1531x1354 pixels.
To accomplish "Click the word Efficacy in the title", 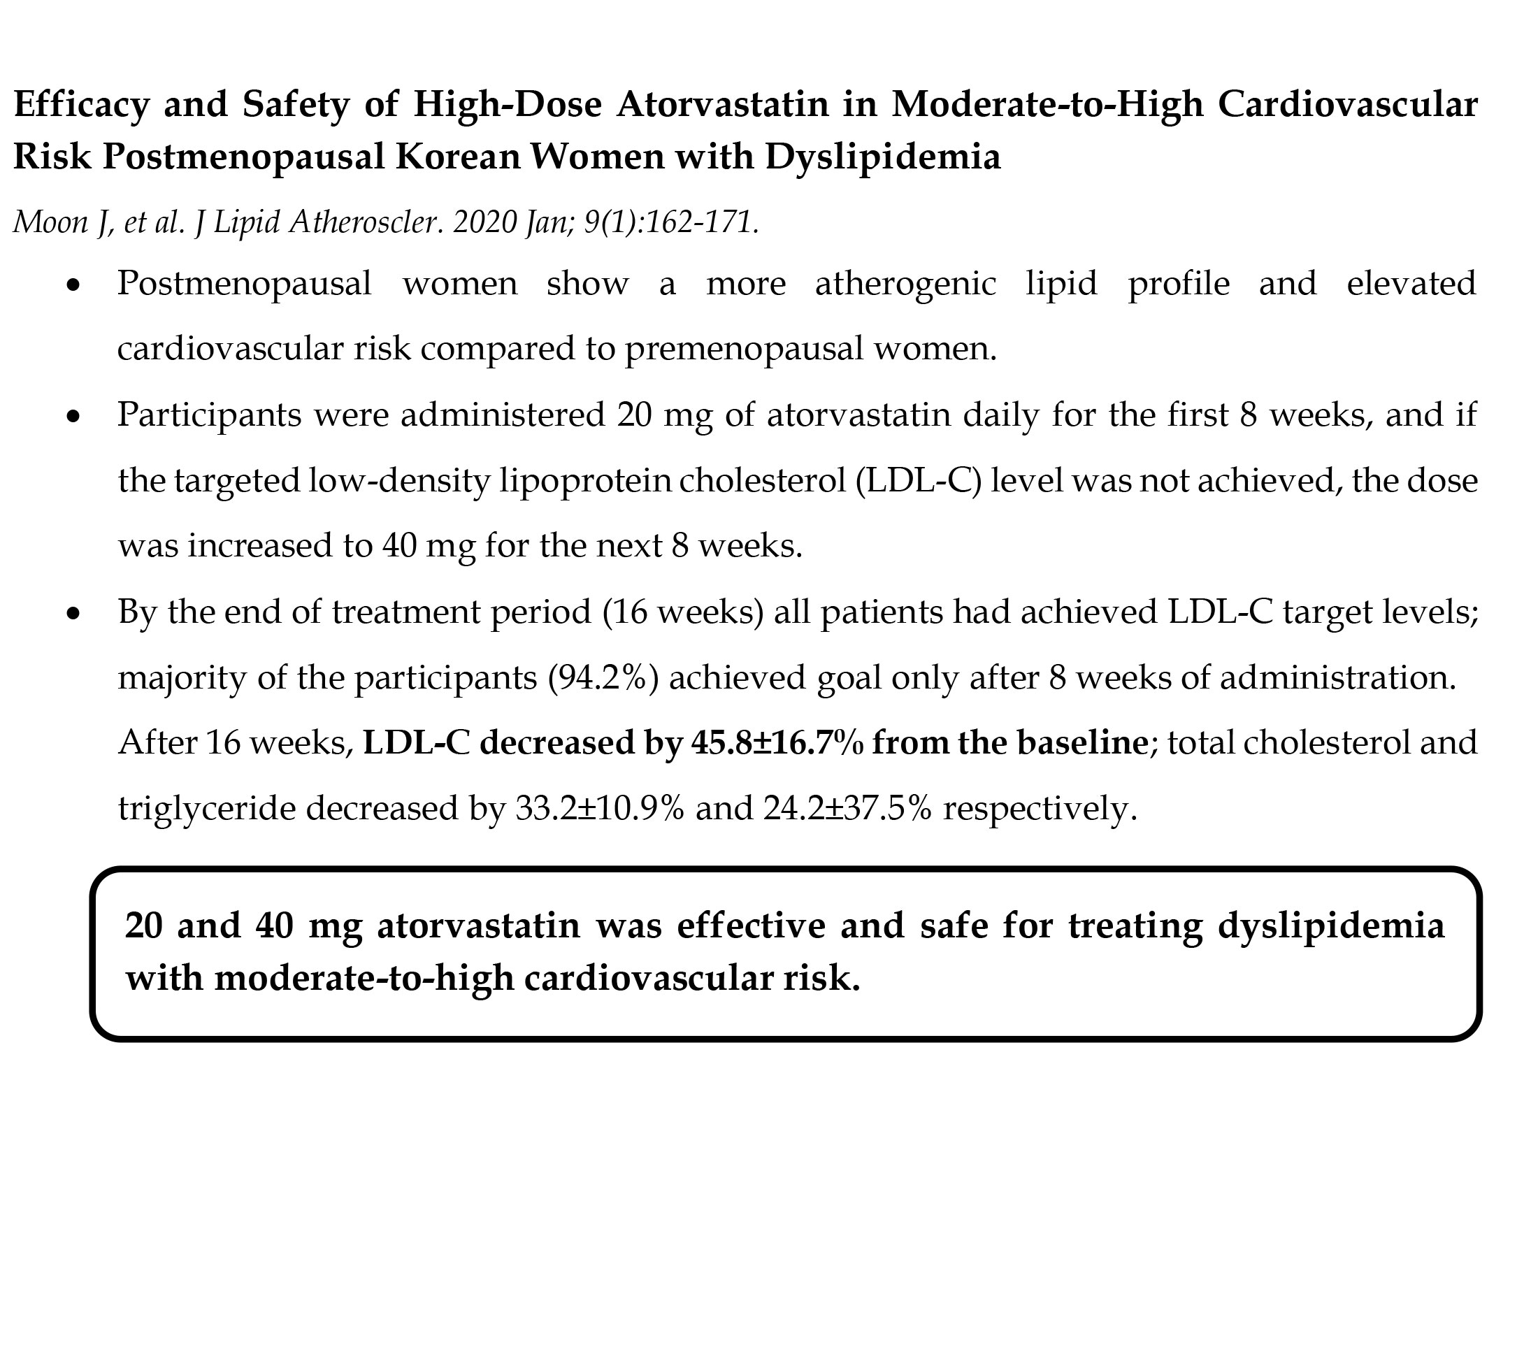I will point(82,105).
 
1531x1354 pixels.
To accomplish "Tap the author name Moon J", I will point(62,222).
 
